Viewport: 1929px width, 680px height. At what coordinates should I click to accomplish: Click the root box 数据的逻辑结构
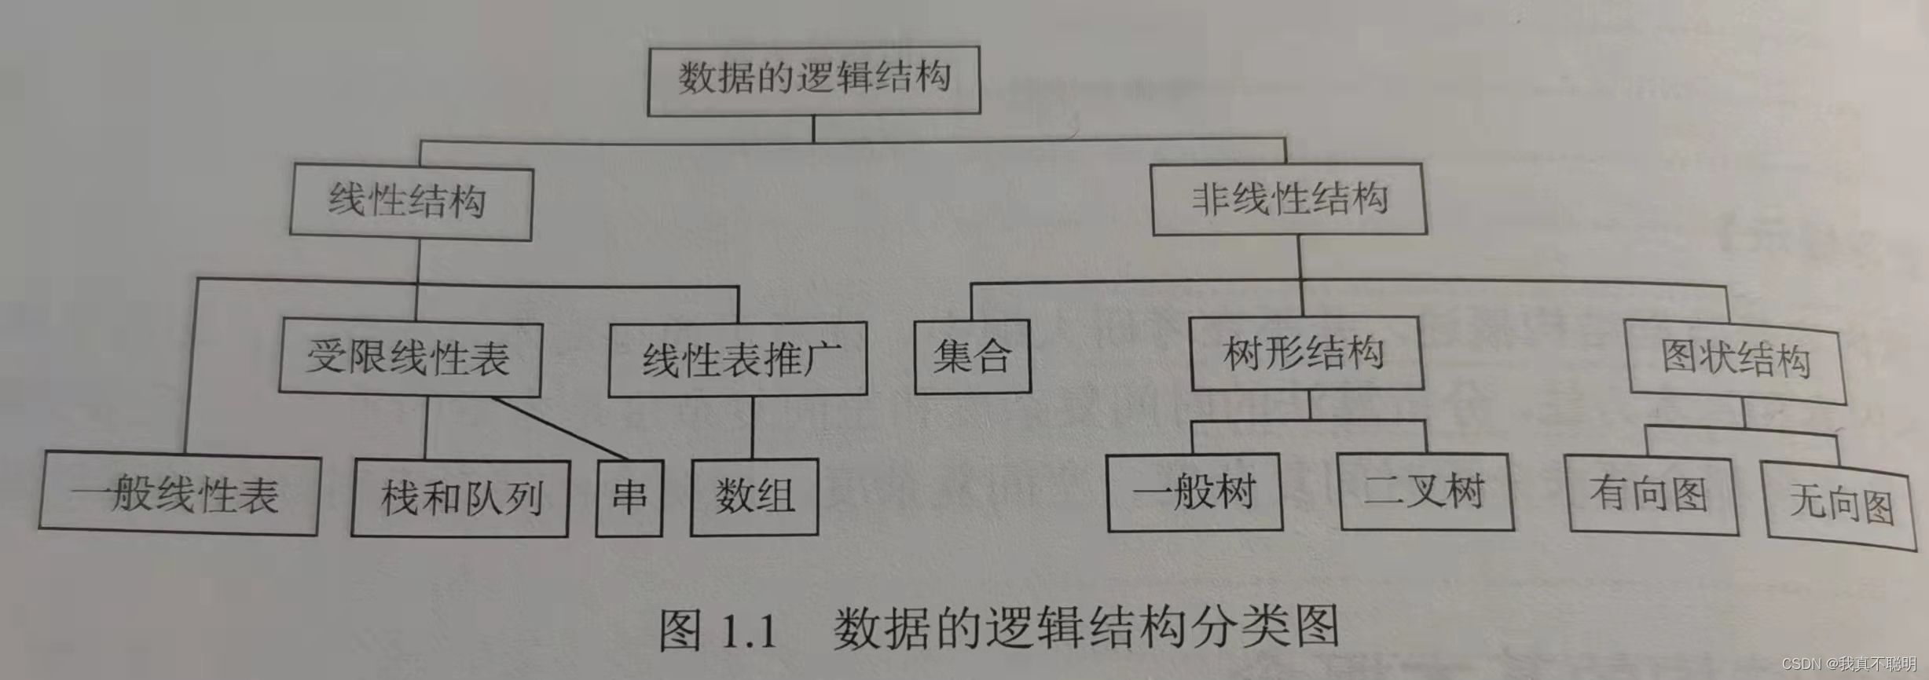point(813,81)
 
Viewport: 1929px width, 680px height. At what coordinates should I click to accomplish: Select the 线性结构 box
point(410,201)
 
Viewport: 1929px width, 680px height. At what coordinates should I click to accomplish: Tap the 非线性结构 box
point(1289,199)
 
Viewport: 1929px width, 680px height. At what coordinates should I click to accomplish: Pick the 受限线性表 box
point(410,358)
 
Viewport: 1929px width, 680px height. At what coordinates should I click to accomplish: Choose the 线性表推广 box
point(738,359)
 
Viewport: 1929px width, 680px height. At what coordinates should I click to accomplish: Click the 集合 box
point(972,356)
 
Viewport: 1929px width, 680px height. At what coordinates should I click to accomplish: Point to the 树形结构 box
point(1307,353)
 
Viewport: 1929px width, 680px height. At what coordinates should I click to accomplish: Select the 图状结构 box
point(1736,361)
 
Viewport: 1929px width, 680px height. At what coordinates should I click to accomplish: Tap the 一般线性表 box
point(179,494)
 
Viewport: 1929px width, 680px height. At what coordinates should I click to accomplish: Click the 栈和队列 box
point(460,498)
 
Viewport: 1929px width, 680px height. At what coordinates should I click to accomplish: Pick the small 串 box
point(629,498)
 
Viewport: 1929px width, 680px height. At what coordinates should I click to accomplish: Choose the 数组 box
point(754,497)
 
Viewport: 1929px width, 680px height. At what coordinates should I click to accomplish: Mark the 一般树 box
point(1194,492)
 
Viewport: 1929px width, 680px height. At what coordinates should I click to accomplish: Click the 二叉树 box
point(1425,492)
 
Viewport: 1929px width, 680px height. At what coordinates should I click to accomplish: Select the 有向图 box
point(1652,495)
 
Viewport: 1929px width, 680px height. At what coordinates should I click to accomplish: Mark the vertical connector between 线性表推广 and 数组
point(752,427)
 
